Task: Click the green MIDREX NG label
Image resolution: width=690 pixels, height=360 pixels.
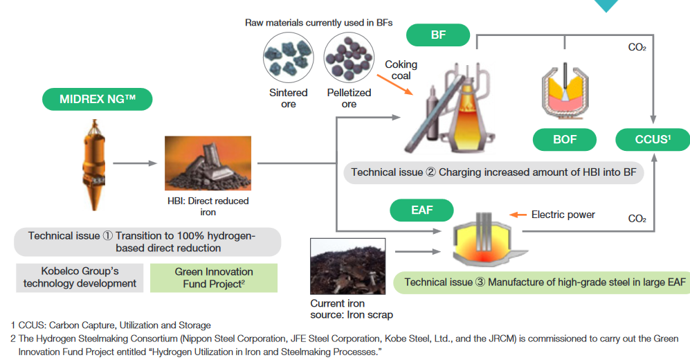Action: (x=98, y=99)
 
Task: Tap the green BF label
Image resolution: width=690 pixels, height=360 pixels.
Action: (x=438, y=35)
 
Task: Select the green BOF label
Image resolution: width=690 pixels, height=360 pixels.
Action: (x=565, y=140)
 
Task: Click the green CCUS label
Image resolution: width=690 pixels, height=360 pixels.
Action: (x=653, y=140)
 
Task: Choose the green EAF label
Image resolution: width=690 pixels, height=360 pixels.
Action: (x=421, y=210)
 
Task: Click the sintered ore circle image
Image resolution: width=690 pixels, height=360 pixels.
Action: (x=288, y=57)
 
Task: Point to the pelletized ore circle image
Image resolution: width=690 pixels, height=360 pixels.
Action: (x=349, y=57)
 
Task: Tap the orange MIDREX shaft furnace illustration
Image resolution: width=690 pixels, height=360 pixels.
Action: (x=93, y=165)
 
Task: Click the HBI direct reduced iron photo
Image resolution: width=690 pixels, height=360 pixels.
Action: (x=208, y=163)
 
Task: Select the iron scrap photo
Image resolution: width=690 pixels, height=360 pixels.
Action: (x=347, y=267)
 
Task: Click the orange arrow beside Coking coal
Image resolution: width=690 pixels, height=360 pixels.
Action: (x=394, y=85)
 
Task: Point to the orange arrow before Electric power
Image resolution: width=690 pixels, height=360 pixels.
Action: (x=518, y=215)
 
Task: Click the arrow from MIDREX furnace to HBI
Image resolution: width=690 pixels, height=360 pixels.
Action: (x=135, y=163)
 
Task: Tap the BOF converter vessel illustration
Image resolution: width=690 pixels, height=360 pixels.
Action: (x=565, y=91)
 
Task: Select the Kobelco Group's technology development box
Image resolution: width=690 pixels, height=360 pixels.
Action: (x=80, y=278)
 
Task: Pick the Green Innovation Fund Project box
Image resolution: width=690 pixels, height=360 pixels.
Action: (x=214, y=278)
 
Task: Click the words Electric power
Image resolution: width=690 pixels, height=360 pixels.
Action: (x=563, y=215)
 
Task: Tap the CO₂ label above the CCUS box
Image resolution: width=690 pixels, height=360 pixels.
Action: (x=637, y=47)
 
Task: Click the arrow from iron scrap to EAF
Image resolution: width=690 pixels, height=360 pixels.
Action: (x=418, y=252)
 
